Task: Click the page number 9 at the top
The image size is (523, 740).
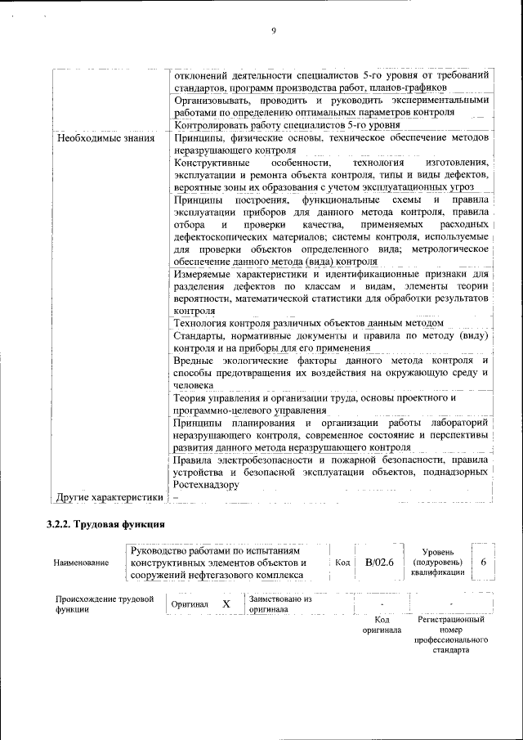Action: click(x=274, y=31)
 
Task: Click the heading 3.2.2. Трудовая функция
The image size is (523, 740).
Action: click(x=106, y=524)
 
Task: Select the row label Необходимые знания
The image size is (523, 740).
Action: click(x=105, y=138)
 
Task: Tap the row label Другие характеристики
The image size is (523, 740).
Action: click(x=110, y=496)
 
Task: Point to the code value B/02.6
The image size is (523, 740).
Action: click(x=380, y=562)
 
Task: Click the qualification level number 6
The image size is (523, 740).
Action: click(x=484, y=562)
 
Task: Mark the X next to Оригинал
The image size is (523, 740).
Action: click(x=226, y=603)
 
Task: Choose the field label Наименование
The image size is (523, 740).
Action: click(x=81, y=563)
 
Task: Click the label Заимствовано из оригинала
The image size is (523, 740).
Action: click(x=280, y=603)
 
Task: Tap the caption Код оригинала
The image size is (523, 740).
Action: click(x=382, y=625)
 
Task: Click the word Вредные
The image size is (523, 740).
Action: click(x=195, y=361)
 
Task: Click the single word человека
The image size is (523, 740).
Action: click(x=194, y=385)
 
